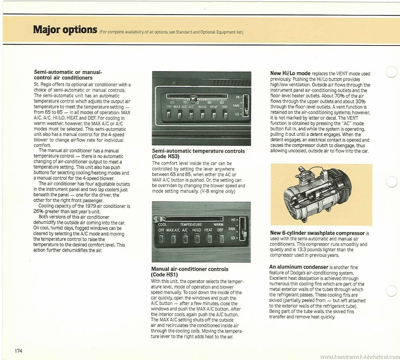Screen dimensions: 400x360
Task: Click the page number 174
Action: tap(19, 351)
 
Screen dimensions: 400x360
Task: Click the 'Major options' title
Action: tap(65, 30)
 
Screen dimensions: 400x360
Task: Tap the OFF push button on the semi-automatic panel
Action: tap(169, 115)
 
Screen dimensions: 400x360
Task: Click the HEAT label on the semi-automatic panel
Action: tap(214, 107)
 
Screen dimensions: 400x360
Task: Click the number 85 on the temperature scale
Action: tap(222, 103)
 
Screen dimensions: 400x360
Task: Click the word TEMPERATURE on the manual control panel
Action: tap(191, 225)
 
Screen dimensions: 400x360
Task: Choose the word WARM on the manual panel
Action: tap(218, 224)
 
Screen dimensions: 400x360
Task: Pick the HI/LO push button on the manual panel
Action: tap(197, 238)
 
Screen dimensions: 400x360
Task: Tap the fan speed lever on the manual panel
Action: tap(243, 233)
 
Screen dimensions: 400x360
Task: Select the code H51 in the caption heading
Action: tap(171, 275)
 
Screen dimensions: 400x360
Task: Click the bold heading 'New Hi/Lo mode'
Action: tap(290, 73)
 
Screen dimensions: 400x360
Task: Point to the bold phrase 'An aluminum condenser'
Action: tap(299, 267)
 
